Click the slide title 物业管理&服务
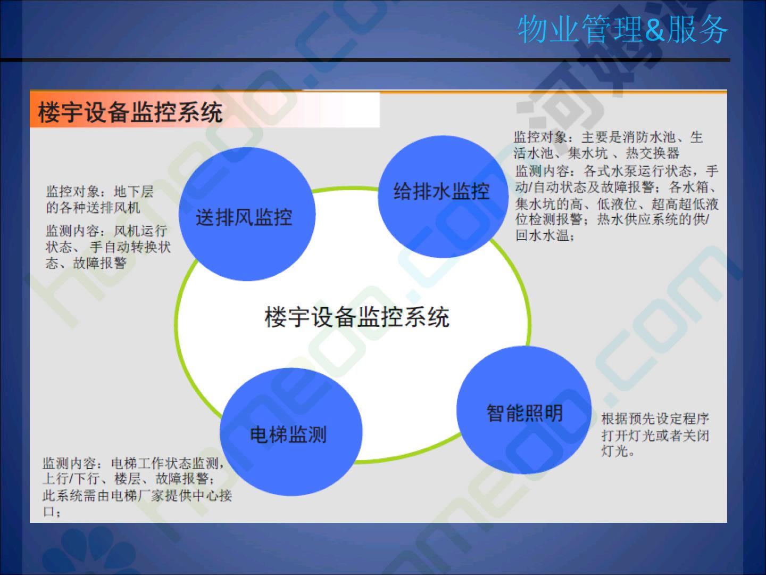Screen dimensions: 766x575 pos(622,29)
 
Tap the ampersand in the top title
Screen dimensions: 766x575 pos(655,30)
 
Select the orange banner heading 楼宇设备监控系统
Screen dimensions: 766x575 pos(130,112)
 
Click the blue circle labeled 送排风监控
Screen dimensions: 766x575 pos(247,213)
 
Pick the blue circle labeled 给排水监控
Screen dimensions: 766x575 pos(443,196)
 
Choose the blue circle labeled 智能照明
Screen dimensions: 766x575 pos(524,410)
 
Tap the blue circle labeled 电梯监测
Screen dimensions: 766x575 pos(291,432)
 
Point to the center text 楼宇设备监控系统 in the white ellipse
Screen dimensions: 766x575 pos(356,317)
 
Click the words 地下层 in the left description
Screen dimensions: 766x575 pos(134,192)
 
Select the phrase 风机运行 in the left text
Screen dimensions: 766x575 pos(140,231)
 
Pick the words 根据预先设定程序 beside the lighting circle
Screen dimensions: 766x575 pos(655,419)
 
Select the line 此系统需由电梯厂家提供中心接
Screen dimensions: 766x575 pos(137,495)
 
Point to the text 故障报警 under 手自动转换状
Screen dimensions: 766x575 pos(99,263)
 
